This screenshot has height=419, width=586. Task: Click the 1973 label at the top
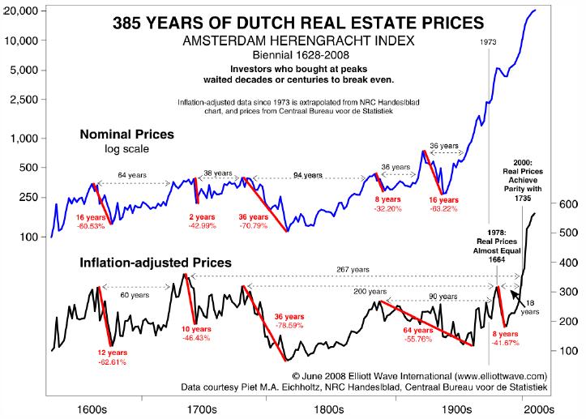click(488, 40)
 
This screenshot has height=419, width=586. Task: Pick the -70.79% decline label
click(252, 227)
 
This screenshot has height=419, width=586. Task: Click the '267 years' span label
click(353, 269)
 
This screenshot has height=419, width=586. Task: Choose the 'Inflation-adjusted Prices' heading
click(155, 263)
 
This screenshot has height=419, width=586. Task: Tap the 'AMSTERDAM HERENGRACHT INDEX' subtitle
click(293, 41)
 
